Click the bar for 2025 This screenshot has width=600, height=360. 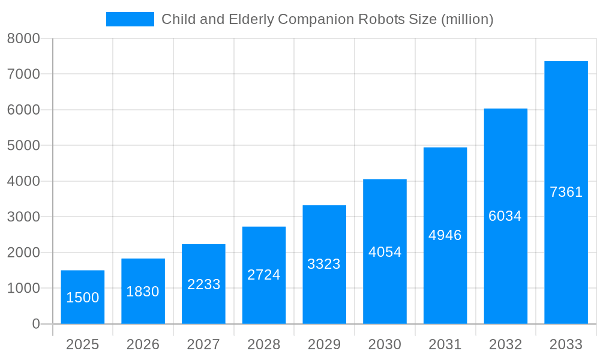(83, 282)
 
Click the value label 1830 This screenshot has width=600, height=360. (143, 292)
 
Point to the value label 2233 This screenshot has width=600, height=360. (204, 284)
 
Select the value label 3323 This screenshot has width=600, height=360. (324, 264)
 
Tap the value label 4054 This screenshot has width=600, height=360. (385, 252)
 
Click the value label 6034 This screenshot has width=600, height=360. (505, 216)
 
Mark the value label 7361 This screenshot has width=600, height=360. (566, 192)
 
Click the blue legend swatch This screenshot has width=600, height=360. (130, 19)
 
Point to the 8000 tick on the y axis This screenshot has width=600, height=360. (23, 38)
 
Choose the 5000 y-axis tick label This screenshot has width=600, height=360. (23, 146)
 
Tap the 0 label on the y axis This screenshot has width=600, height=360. (35, 324)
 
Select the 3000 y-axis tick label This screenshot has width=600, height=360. (23, 217)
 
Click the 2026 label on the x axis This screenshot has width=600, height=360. (143, 344)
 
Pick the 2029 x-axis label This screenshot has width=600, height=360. (324, 344)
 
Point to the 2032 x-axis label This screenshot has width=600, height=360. (505, 344)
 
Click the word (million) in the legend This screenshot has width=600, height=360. (467, 19)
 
